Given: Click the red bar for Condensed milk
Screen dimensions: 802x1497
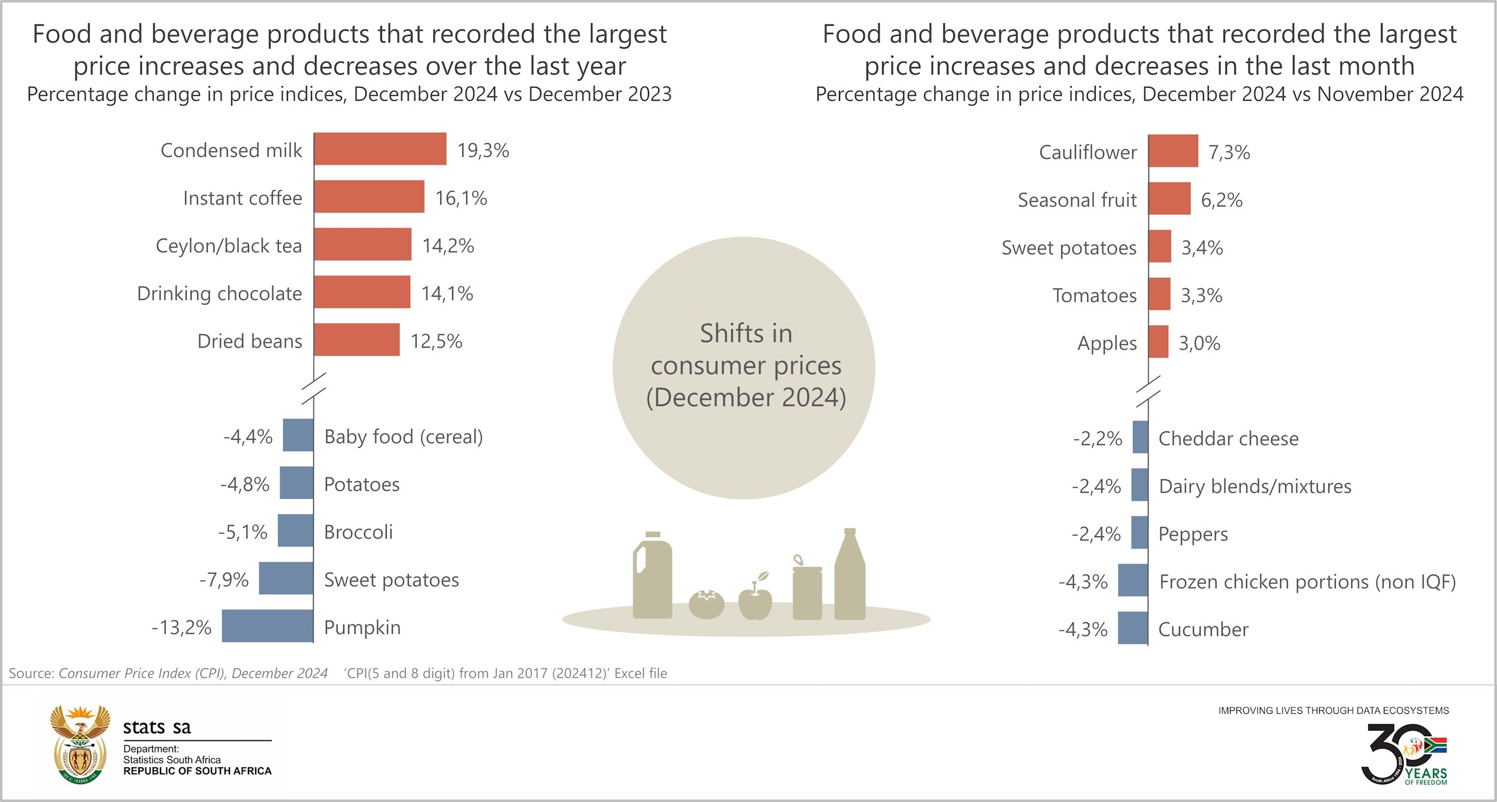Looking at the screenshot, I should (x=380, y=149).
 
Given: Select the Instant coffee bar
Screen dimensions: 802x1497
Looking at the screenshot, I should (x=369, y=196).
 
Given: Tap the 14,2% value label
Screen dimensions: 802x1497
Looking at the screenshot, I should (x=448, y=246).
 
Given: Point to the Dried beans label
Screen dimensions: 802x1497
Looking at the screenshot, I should (x=250, y=341).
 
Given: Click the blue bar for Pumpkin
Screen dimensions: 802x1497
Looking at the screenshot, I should (x=268, y=626).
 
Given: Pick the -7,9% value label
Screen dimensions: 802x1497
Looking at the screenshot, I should (x=224, y=579).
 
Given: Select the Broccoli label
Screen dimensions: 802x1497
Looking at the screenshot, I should (x=358, y=532).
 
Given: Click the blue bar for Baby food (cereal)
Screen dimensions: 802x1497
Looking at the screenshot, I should (x=298, y=435).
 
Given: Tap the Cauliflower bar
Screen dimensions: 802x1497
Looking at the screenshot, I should (x=1173, y=151).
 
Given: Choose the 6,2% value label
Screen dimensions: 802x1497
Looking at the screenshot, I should (x=1222, y=199).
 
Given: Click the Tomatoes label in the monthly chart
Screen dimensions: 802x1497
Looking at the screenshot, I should (x=1095, y=295).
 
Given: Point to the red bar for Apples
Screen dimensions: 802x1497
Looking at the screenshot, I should (x=1159, y=341).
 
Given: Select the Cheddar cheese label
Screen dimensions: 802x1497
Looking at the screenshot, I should (x=1228, y=438).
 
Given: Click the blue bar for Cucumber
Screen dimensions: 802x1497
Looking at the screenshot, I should (x=1133, y=628).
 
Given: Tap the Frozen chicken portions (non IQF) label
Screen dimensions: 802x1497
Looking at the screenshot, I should (x=1307, y=582).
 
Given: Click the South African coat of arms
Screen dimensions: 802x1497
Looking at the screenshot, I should (x=80, y=745).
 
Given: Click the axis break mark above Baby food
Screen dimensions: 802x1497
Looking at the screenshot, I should (x=313, y=388).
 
